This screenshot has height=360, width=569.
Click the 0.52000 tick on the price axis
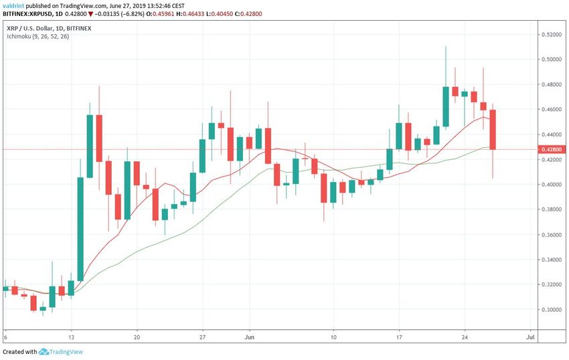point(552,34)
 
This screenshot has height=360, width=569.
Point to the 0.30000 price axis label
point(552,310)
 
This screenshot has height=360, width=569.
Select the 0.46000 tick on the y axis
point(552,109)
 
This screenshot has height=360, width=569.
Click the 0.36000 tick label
point(552,235)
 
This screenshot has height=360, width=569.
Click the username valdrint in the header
point(15,5)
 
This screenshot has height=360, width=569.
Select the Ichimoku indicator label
point(36,36)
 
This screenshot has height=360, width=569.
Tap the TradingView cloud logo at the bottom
point(46,351)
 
